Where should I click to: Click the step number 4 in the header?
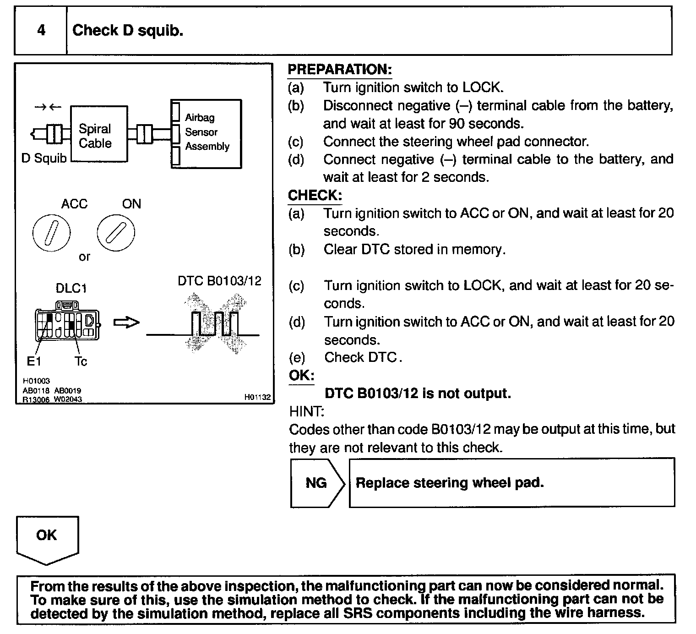(41, 31)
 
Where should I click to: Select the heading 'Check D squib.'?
(128, 31)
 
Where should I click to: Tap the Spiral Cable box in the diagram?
(99, 134)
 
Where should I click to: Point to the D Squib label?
(44, 158)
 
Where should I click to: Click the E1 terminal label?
(34, 361)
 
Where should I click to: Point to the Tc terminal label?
(81, 361)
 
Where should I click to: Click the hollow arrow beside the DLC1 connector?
(126, 323)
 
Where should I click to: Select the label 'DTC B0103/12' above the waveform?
(219, 281)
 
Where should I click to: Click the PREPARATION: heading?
(339, 70)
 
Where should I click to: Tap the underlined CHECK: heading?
(315, 196)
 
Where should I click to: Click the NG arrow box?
(317, 483)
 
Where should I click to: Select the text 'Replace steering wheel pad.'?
(450, 483)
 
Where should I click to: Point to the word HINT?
(306, 411)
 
